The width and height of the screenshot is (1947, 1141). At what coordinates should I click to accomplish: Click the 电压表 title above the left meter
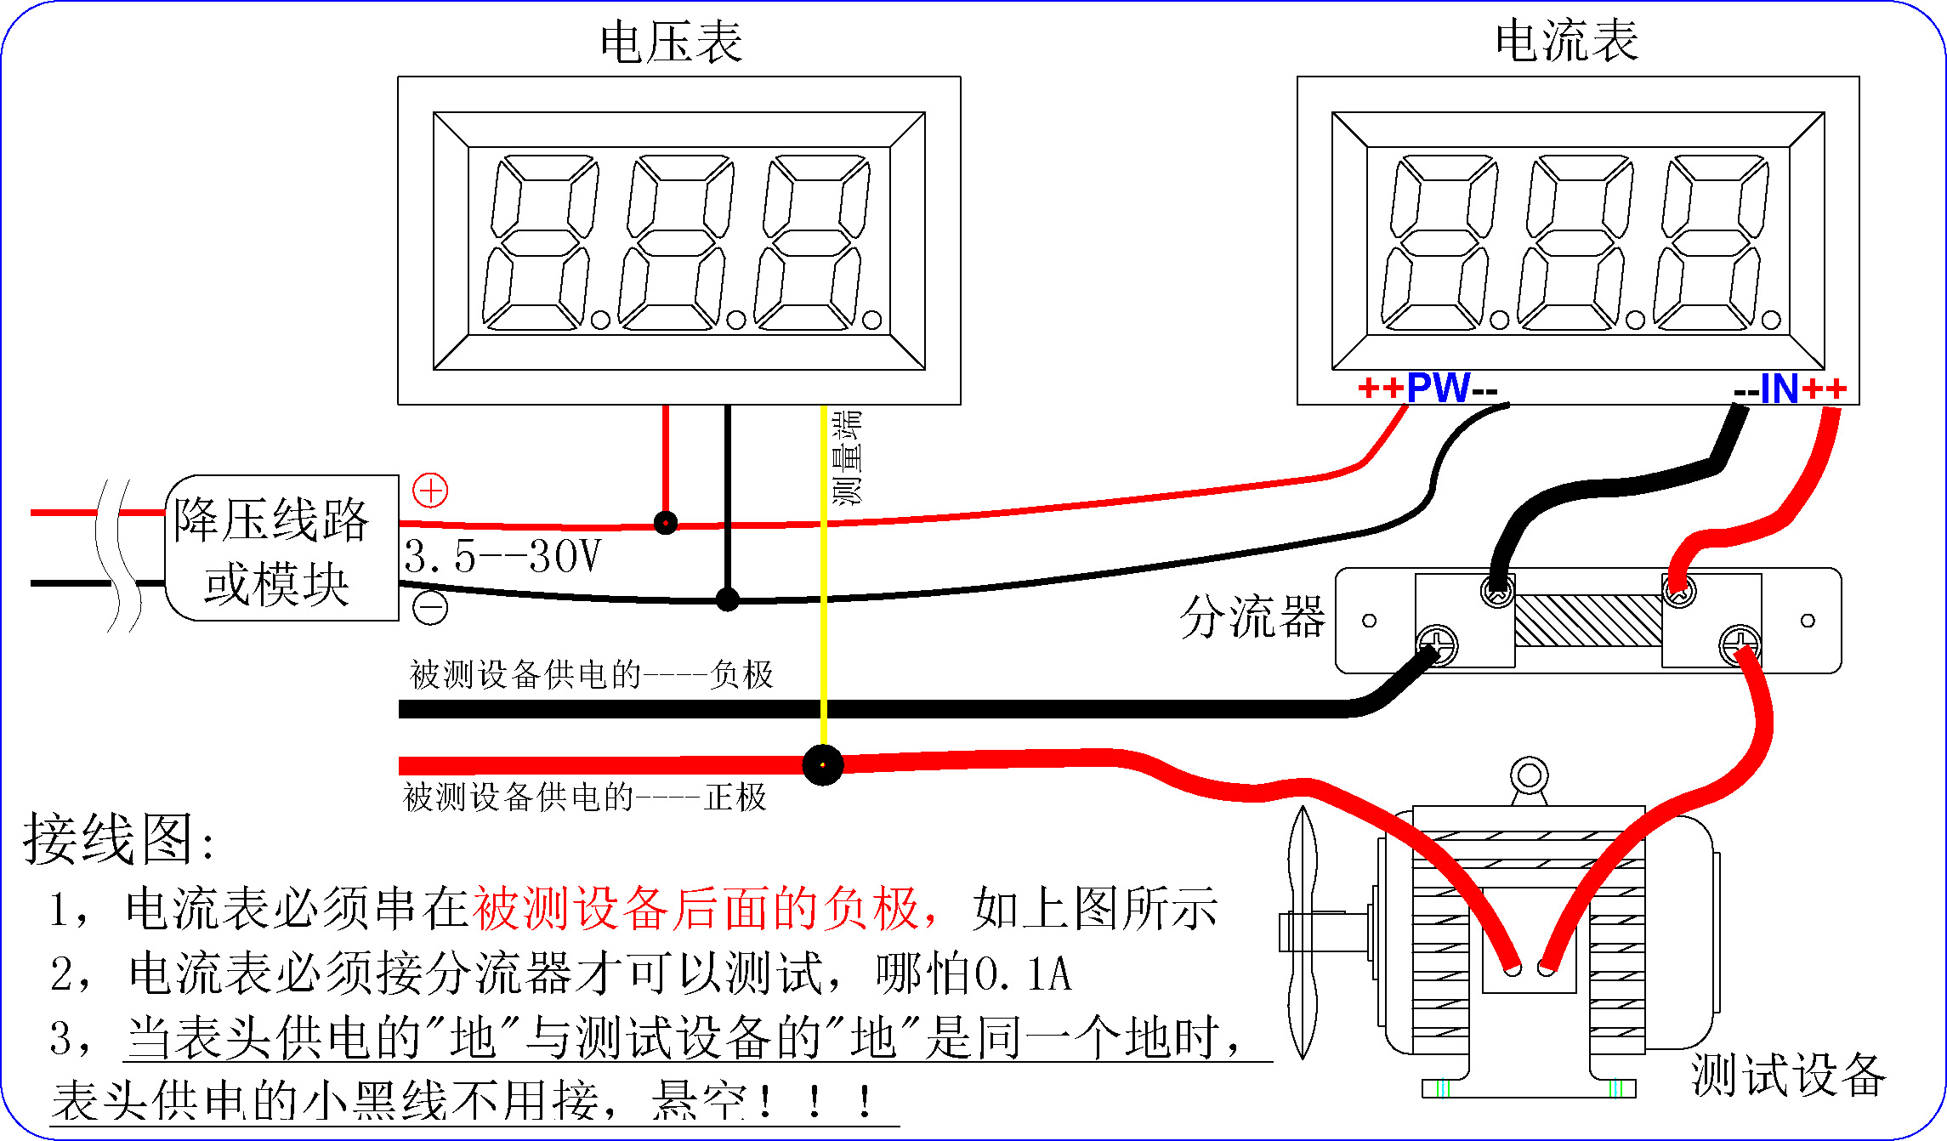[671, 43]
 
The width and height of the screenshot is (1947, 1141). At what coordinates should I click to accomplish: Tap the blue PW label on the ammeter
[1438, 388]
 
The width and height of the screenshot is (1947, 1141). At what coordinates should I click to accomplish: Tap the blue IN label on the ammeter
[1780, 389]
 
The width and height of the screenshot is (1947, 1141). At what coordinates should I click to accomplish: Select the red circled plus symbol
[430, 491]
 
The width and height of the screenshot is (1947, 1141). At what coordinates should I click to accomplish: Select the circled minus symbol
[430, 607]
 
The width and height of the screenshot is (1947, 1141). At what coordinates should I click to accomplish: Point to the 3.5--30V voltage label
[502, 557]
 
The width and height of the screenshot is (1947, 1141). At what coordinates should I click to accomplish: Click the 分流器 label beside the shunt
[1252, 616]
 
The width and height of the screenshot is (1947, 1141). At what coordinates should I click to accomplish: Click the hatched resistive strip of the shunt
[1587, 621]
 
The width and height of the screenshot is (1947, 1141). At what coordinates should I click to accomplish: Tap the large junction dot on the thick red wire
[822, 765]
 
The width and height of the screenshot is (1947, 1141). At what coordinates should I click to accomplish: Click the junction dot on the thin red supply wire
[666, 522]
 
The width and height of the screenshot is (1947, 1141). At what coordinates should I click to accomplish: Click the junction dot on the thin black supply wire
[727, 599]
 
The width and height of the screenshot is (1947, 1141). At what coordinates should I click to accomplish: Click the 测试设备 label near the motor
[1787, 1075]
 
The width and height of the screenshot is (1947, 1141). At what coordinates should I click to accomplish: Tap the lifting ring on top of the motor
[1529, 775]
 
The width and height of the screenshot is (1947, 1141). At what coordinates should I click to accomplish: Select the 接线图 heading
[119, 839]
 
